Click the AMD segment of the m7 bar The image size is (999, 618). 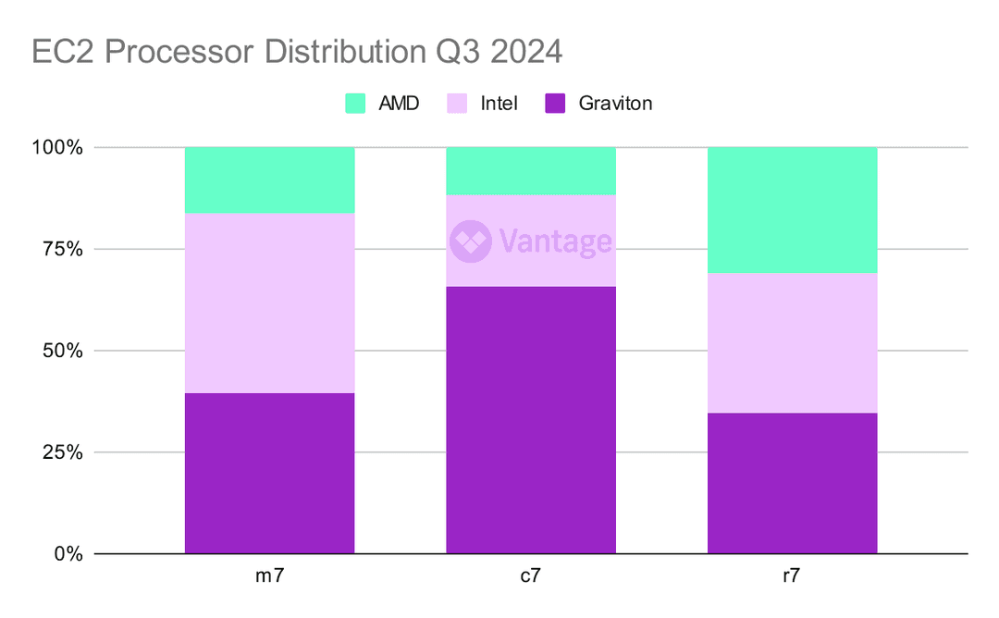[x=269, y=180]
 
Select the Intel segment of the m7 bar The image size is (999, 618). [x=269, y=303]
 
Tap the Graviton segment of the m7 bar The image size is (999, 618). [x=269, y=474]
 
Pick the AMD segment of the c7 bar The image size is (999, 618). [x=531, y=171]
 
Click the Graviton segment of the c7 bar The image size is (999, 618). [x=531, y=420]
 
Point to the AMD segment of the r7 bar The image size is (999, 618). [x=792, y=210]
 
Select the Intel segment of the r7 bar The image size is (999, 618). [x=792, y=343]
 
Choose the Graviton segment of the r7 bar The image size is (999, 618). [x=792, y=483]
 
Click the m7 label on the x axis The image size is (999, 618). [x=269, y=576]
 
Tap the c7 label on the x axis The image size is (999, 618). [x=531, y=576]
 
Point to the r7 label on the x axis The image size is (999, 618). [x=792, y=576]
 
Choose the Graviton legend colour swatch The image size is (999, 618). [x=555, y=104]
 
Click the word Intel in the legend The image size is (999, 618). [x=499, y=104]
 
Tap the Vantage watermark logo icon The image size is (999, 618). [x=469, y=241]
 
